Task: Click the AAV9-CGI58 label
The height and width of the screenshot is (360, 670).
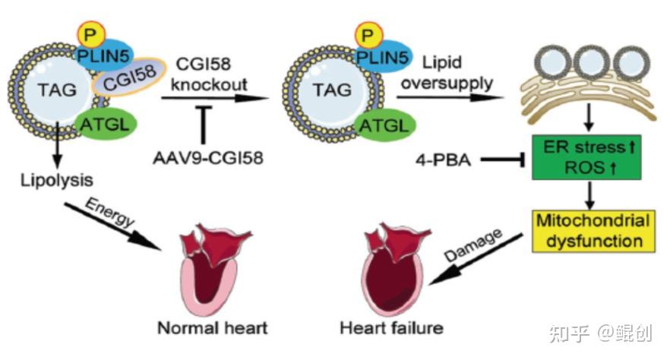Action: [x=204, y=160]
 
